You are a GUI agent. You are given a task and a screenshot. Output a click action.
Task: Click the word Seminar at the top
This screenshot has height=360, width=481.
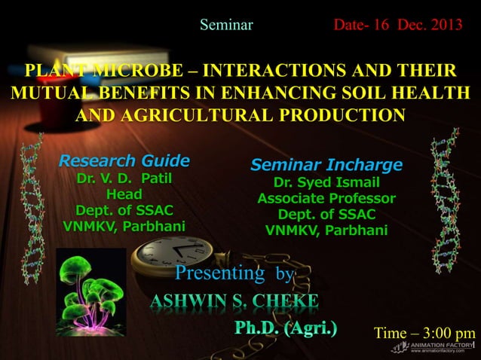pyautogui.click(x=226, y=26)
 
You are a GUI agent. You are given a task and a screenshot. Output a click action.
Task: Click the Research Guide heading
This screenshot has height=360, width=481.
pyautogui.click(x=124, y=161)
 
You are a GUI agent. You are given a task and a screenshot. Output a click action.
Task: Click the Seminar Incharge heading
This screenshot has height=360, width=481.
pyautogui.click(x=326, y=165)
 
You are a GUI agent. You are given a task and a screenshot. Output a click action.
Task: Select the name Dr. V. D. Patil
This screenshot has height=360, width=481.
pyautogui.click(x=124, y=179)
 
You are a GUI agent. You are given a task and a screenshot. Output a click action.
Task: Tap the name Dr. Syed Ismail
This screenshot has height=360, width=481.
pyautogui.click(x=326, y=183)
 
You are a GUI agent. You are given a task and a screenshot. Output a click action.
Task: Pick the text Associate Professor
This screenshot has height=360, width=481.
pyautogui.click(x=326, y=199)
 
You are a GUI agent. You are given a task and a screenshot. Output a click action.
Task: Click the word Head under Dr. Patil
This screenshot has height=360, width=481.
pyautogui.click(x=124, y=194)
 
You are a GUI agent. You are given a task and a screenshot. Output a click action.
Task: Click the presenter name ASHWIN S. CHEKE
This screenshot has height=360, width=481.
pyautogui.click(x=234, y=302)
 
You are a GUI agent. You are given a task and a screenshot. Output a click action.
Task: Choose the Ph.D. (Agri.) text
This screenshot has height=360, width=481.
pyautogui.click(x=286, y=328)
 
